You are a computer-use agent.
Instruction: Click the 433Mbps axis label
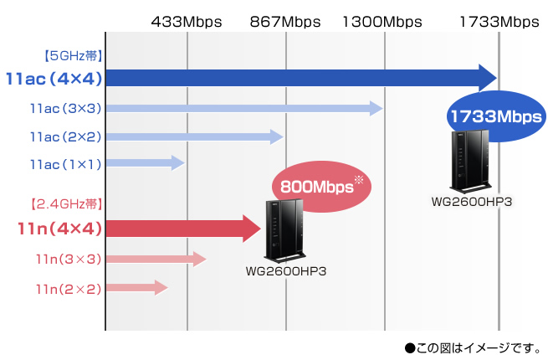(186, 21)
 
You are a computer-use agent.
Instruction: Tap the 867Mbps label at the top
(284, 21)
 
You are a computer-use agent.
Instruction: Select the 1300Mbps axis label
(383, 21)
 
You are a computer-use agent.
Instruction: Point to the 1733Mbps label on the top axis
(499, 21)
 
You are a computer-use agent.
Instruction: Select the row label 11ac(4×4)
(53, 79)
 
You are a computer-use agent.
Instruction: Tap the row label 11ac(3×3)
(65, 109)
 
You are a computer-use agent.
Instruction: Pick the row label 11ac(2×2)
(65, 136)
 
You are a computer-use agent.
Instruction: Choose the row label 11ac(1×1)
(65, 164)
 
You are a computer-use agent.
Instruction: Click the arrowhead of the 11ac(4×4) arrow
(485, 78)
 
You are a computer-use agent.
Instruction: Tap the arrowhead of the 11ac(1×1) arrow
(177, 163)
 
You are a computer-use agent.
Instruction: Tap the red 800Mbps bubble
(321, 186)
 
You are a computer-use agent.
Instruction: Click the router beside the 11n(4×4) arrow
(284, 232)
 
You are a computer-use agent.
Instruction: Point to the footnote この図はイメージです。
(474, 346)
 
